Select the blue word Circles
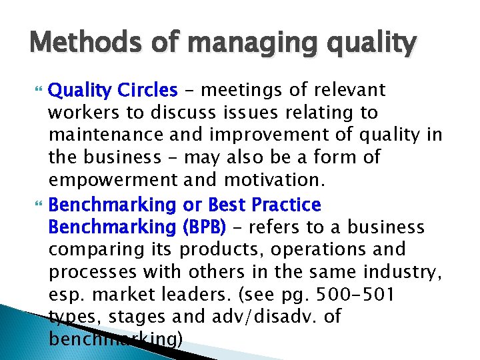pyautogui.click(x=145, y=89)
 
